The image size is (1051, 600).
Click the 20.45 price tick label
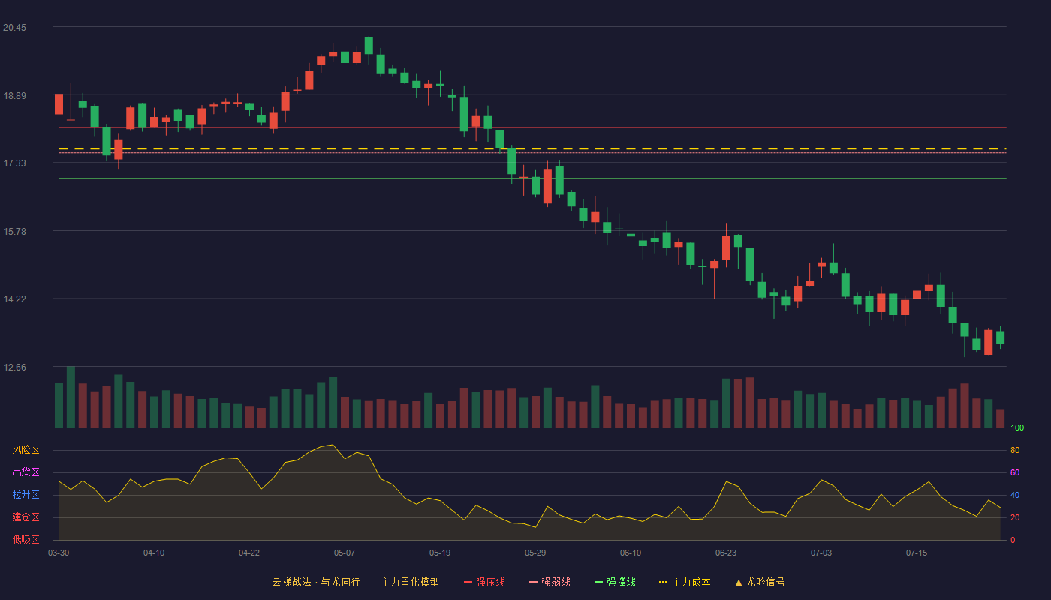coord(14,28)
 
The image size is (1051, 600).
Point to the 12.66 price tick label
coord(14,367)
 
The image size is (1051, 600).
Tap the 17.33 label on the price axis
coord(14,163)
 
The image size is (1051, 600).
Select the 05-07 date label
coord(345,553)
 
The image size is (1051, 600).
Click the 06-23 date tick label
coord(726,553)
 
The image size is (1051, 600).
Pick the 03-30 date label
coord(59,553)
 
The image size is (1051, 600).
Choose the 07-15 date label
coord(917,553)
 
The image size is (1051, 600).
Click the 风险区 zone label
coord(26,449)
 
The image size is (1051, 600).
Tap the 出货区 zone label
coord(26,472)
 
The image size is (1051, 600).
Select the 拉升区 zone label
coord(26,494)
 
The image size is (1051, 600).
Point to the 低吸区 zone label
coord(26,539)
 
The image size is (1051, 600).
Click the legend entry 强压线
coord(485,582)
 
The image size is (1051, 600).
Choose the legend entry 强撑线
coord(615,582)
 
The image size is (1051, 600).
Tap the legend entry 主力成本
coord(685,582)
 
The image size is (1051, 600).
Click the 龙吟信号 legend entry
coord(760,582)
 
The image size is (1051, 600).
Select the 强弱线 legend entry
coord(550,582)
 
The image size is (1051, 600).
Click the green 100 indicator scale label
coord(1017,427)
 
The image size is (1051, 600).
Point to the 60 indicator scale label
coord(1015,472)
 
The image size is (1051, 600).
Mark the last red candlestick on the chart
coord(988,342)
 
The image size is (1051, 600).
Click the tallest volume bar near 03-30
coord(71,397)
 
